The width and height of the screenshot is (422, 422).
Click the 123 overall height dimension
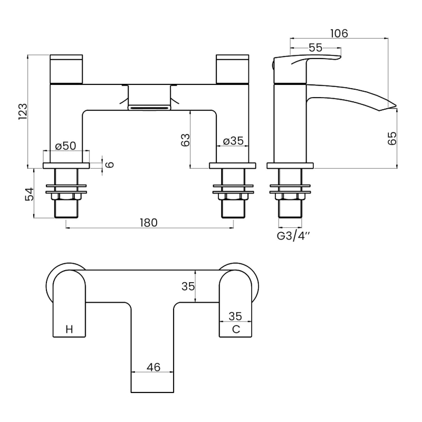click(23, 111)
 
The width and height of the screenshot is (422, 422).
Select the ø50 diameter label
click(65, 146)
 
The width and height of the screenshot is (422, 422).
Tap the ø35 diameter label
click(233, 141)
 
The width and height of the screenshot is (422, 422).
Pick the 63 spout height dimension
click(185, 140)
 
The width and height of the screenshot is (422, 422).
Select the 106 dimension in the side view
click(339, 33)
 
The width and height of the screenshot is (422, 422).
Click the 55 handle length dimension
click(315, 47)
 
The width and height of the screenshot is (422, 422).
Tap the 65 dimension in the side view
click(391, 138)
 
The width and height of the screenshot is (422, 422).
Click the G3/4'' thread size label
click(294, 235)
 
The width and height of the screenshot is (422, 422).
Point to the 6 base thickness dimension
click(110, 165)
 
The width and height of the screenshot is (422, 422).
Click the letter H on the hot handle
click(69, 330)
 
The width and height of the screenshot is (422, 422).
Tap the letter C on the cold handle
click(236, 330)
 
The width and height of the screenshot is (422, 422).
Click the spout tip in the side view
click(393, 105)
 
